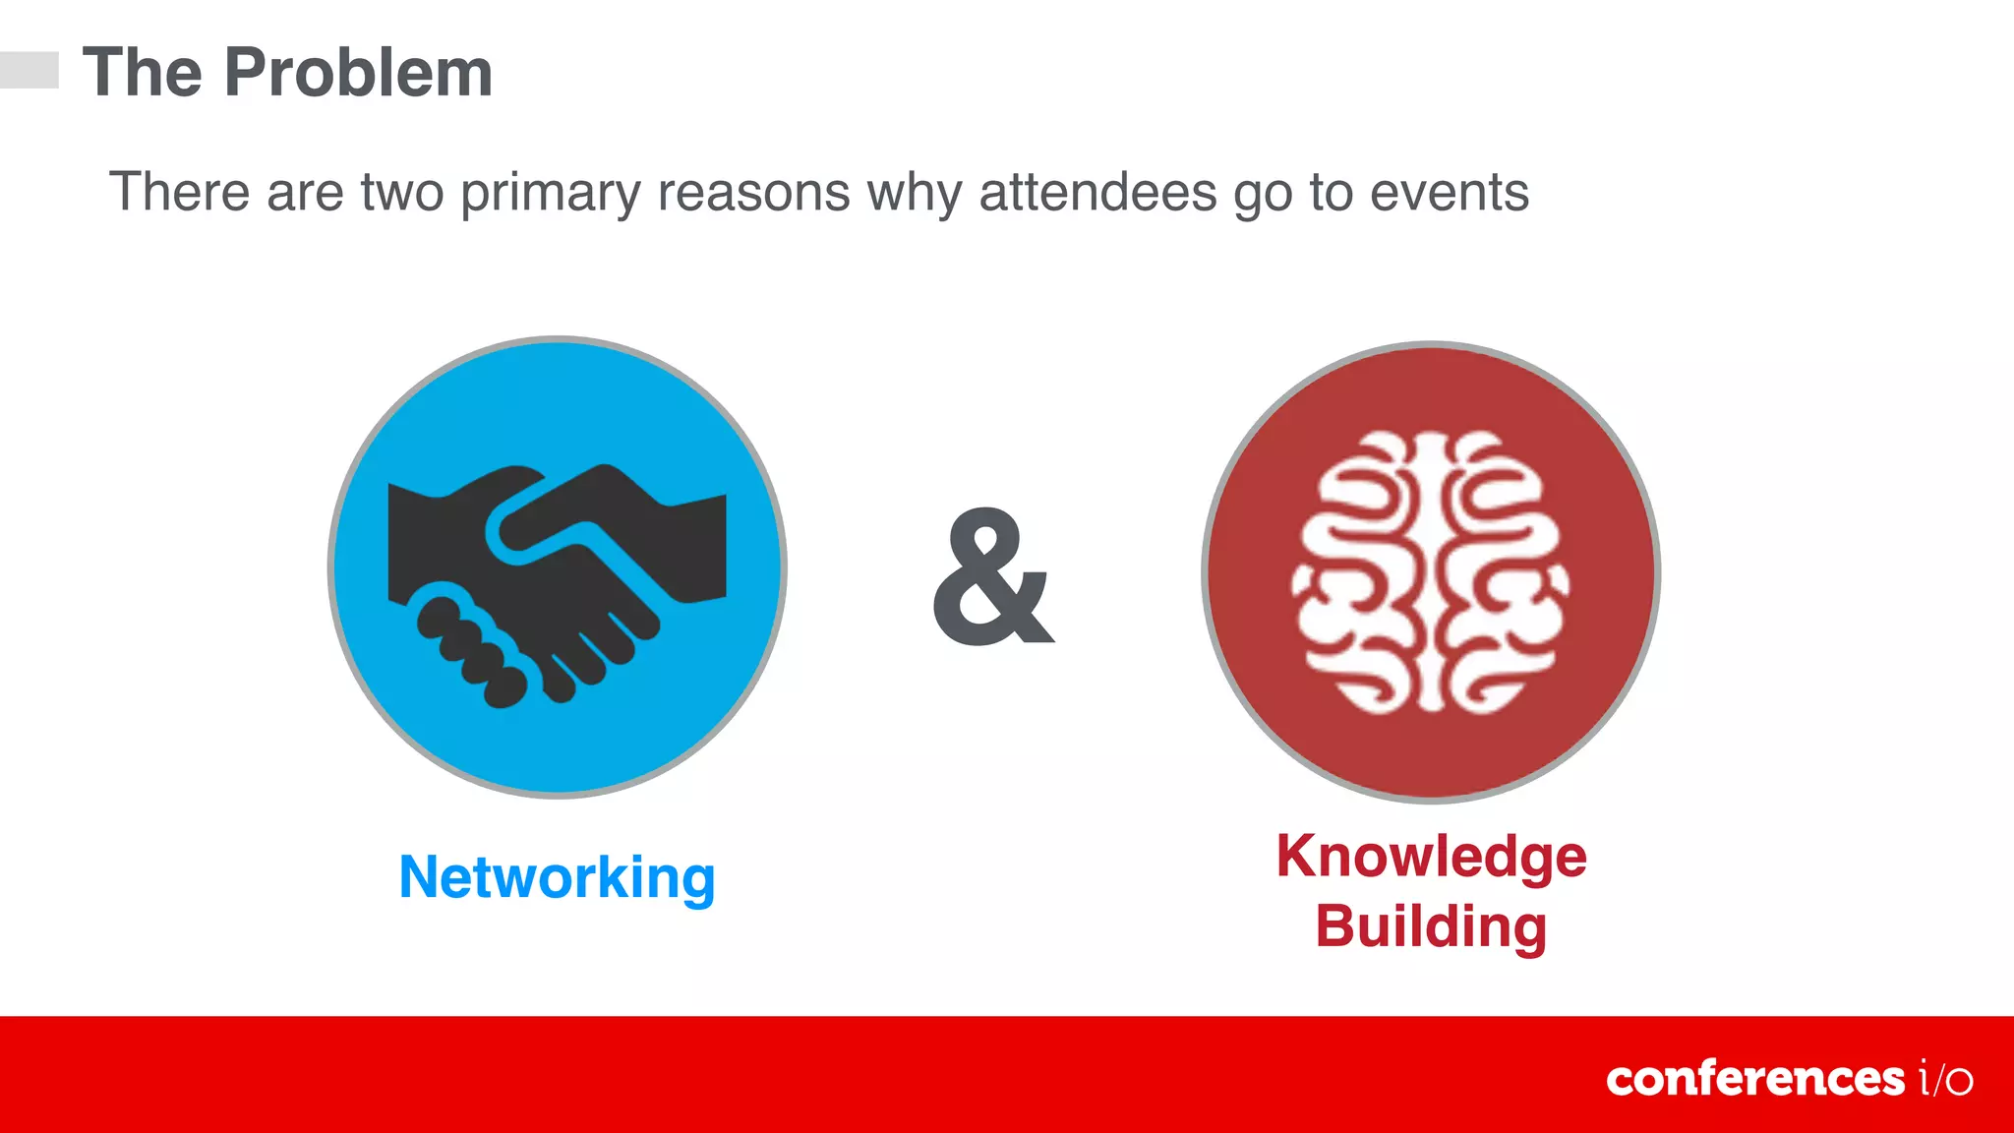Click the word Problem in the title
[x=358, y=73]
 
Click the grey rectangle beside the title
[x=30, y=70]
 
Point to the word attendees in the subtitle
[x=1097, y=192]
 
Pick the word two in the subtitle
[x=401, y=192]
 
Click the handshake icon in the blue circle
[x=557, y=580]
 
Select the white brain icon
[x=1430, y=572]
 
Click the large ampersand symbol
[x=991, y=578]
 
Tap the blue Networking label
[x=557, y=877]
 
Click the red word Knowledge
[x=1431, y=857]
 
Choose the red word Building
[x=1431, y=926]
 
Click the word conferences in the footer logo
[x=1754, y=1079]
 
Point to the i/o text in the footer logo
[x=1945, y=1079]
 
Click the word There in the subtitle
[x=178, y=192]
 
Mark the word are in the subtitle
[x=305, y=192]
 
